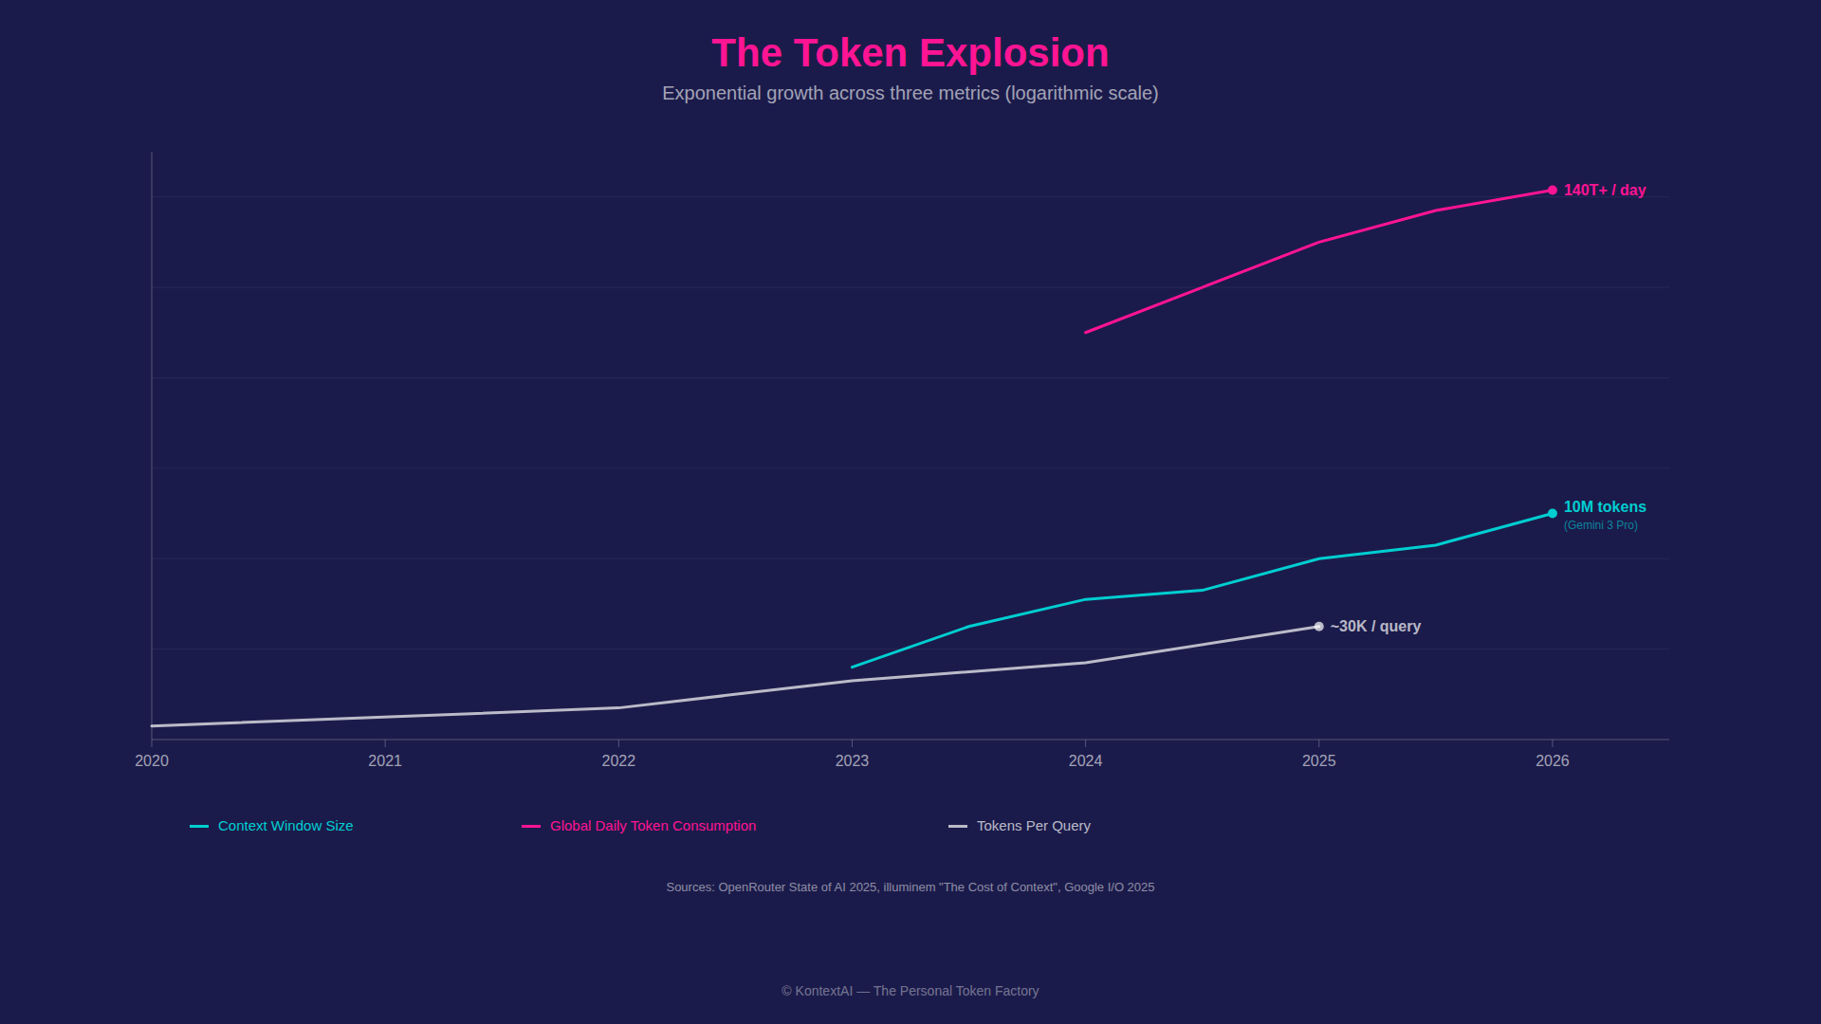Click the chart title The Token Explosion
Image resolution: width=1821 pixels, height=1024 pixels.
(x=910, y=53)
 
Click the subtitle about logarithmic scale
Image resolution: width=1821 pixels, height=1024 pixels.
(x=910, y=93)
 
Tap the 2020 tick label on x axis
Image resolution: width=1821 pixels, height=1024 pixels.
(x=152, y=760)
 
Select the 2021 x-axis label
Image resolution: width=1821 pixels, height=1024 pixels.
(x=385, y=760)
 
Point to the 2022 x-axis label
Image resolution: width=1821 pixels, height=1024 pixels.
(x=618, y=760)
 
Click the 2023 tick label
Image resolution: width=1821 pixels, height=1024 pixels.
(x=852, y=760)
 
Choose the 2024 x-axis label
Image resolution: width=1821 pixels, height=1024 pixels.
(x=1085, y=760)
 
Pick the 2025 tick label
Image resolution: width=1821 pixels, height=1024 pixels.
(x=1318, y=760)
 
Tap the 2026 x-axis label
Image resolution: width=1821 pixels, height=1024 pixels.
(x=1552, y=760)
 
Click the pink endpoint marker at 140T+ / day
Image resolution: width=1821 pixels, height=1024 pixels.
(x=1552, y=191)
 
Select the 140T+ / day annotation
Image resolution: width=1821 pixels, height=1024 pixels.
(x=1605, y=191)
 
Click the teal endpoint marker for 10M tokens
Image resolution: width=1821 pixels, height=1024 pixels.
(x=1552, y=514)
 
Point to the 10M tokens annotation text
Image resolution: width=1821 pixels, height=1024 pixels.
(x=1605, y=507)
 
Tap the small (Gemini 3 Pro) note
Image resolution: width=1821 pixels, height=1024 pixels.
(x=1600, y=525)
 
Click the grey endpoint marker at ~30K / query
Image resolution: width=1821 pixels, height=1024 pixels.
(x=1318, y=627)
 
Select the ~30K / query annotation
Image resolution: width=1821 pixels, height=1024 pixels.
(x=1375, y=627)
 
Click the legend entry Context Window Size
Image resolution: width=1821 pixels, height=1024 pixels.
(x=285, y=826)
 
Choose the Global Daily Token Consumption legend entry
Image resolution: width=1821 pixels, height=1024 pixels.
(x=653, y=826)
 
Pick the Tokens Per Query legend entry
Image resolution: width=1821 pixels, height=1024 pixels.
(x=1033, y=826)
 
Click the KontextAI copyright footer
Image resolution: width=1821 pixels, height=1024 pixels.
(x=910, y=991)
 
